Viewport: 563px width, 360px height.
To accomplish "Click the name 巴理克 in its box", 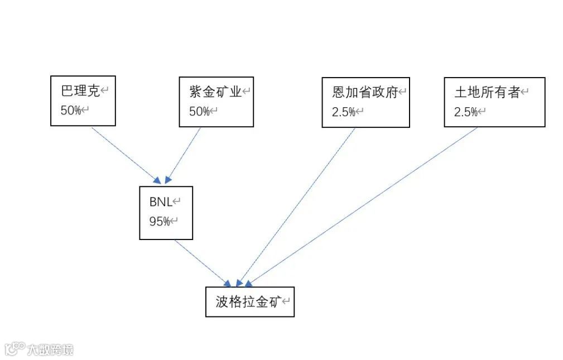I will click(x=80, y=92).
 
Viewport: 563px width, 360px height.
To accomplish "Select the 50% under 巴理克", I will click(x=71, y=111).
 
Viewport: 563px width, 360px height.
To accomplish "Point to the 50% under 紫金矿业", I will click(x=199, y=112).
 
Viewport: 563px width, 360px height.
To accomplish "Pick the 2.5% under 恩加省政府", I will click(x=343, y=112).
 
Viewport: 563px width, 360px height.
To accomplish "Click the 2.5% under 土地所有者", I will click(x=466, y=112).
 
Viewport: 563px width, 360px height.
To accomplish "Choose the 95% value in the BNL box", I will click(x=159, y=222).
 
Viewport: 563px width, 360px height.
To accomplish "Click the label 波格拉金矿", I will click(x=247, y=302).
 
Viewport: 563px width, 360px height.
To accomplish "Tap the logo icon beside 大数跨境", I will click(x=15, y=349).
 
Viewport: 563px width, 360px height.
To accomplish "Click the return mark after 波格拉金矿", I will click(x=286, y=302).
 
